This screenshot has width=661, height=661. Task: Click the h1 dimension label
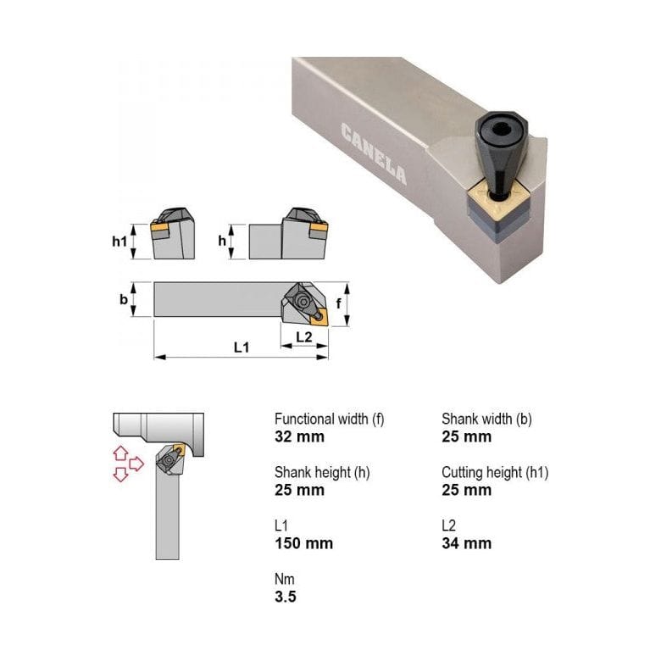119,242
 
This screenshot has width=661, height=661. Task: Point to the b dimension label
124,300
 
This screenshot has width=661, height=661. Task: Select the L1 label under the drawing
242,348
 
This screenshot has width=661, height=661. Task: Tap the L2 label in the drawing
304,336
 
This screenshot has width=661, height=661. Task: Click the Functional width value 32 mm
299,437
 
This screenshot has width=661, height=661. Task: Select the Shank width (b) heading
486,419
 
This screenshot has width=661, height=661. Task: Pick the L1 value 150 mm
303,543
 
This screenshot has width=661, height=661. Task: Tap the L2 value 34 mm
466,543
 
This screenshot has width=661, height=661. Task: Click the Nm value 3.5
286,597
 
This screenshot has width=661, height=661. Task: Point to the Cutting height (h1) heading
495,472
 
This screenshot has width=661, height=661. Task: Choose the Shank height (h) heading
322,472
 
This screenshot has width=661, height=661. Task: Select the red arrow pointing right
136,464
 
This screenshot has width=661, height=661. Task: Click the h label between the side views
222,242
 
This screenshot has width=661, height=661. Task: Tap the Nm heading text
284,579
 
